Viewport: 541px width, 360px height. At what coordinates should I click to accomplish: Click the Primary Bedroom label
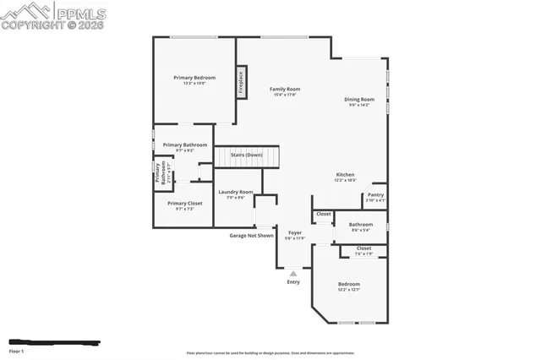[x=194, y=78]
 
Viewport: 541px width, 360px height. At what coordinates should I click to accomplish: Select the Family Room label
[x=285, y=89]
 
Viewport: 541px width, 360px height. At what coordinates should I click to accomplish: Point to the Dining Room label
[x=359, y=99]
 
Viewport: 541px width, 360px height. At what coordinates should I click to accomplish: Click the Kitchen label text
[x=345, y=175]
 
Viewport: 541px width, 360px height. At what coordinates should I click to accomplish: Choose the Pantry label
[x=375, y=194]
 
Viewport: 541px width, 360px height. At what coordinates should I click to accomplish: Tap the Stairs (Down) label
[x=247, y=155]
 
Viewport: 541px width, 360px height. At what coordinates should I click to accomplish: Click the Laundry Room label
[x=236, y=192]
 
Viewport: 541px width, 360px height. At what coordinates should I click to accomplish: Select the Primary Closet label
[x=184, y=203]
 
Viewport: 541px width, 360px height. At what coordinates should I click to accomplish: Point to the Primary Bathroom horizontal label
[x=184, y=145]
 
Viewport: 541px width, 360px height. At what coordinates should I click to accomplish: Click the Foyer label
[x=294, y=232]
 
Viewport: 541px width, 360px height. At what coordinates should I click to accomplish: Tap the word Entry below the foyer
[x=293, y=282]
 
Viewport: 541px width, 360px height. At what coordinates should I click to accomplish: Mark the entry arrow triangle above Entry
[x=293, y=273]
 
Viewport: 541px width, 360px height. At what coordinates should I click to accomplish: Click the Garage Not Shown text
[x=251, y=236]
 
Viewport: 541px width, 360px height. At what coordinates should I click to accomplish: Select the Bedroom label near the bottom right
[x=349, y=284]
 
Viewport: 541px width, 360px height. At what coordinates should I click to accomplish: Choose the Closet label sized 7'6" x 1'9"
[x=363, y=248]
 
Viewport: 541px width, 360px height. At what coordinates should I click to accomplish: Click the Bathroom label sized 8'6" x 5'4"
[x=361, y=224]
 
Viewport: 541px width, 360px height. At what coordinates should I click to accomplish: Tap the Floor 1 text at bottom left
[x=17, y=350]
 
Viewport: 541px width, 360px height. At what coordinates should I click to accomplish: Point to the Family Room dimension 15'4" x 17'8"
[x=285, y=95]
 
